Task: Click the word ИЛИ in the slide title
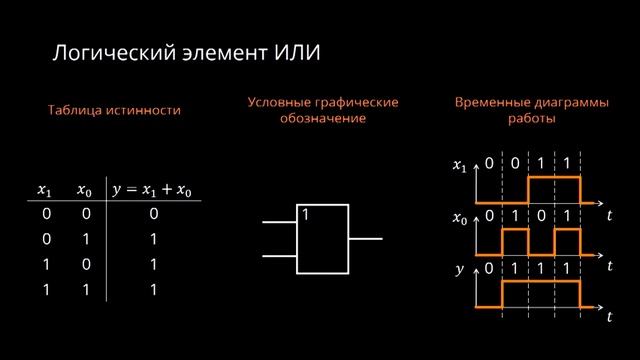pos(296,51)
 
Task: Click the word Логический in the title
pos(103,51)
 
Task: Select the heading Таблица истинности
pos(114,111)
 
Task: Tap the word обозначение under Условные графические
pos(323,118)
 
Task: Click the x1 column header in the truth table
pos(45,189)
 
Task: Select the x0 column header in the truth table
pos(85,189)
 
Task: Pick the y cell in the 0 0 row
pos(153,214)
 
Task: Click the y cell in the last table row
pos(153,290)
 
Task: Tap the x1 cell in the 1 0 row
pos(46,265)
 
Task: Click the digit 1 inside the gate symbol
pos(306,214)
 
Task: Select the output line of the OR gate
pos(365,239)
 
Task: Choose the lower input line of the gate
pos(281,256)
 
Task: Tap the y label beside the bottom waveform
pos(460,269)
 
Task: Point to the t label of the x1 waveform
pos(608,214)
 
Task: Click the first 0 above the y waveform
pos(489,269)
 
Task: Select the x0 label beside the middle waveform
pos(460,216)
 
